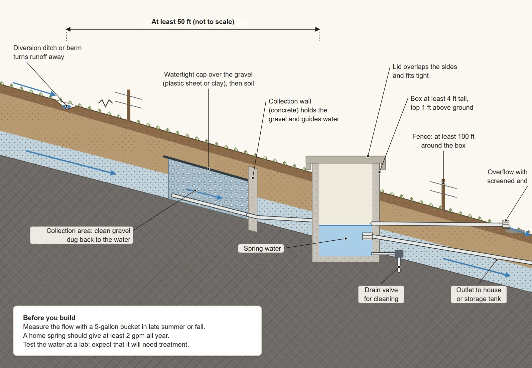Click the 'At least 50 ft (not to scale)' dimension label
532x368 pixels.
coord(193,22)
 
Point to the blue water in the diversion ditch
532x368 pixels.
coord(66,107)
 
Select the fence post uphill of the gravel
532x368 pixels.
coord(128,105)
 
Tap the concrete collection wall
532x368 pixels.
coord(253,199)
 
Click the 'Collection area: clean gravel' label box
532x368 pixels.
coord(81,235)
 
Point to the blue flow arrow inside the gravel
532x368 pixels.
coord(204,194)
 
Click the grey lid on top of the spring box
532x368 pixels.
coord(345,160)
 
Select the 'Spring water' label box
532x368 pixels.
coord(261,248)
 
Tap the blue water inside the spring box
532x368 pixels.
coord(345,240)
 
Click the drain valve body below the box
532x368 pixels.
coord(399,254)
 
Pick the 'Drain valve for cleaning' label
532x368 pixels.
coord(381,295)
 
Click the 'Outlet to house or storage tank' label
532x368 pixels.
coord(478,295)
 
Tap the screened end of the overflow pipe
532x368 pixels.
coord(506,224)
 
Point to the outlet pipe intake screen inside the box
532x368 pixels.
coord(367,236)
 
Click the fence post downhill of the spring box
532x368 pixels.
coord(443,194)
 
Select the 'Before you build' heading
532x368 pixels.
coord(49,318)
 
